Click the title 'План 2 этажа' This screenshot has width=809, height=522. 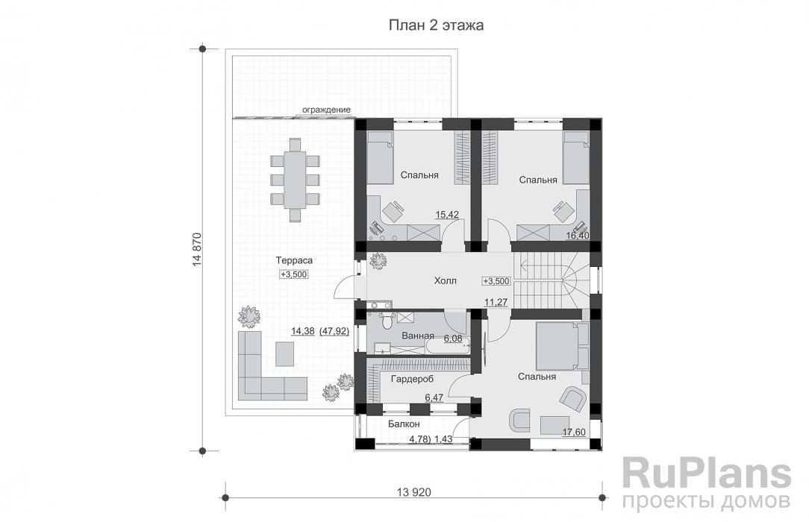tap(436, 25)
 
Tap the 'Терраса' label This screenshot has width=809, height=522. tap(294, 260)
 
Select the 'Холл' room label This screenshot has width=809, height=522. tap(445, 281)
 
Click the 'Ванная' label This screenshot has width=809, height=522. tap(417, 336)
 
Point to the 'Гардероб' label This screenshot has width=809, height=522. tap(412, 380)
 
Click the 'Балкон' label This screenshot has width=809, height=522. tap(404, 424)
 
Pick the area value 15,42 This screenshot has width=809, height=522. tap(447, 215)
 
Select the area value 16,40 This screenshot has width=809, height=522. tap(578, 236)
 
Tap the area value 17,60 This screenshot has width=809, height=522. tap(574, 433)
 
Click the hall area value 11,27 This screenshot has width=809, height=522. tap(496, 303)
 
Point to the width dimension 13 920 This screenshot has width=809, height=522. tap(413, 492)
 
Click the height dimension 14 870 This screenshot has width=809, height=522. tap(196, 249)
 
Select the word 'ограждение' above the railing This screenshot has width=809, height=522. tap(326, 110)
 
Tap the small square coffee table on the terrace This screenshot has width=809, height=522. tap(285, 353)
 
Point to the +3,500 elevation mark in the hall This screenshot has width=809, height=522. tap(496, 281)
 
